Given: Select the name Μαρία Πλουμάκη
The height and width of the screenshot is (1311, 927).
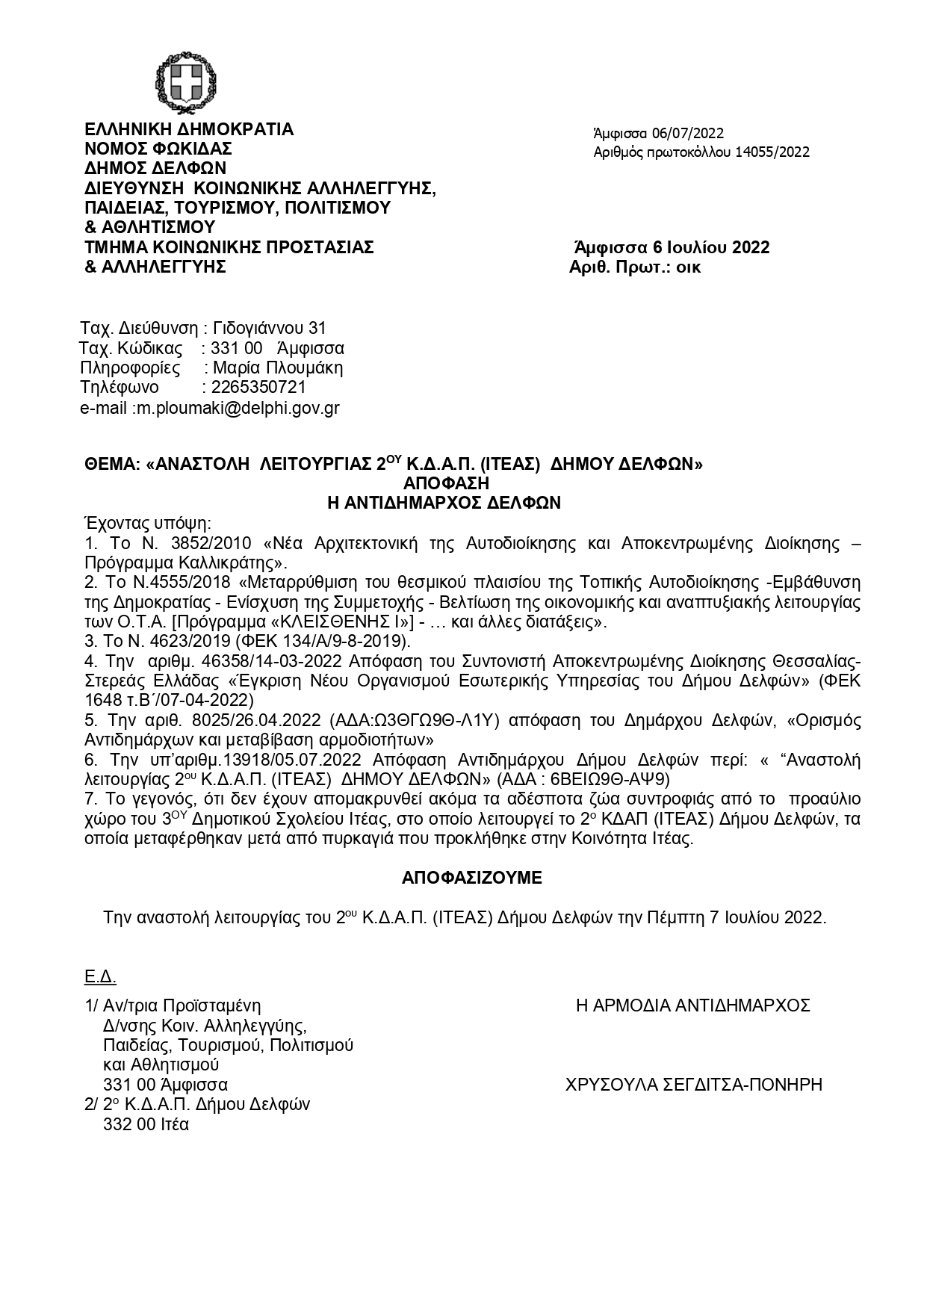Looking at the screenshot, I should [278, 368].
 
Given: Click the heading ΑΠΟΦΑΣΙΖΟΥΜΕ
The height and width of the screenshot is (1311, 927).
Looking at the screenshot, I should [471, 878].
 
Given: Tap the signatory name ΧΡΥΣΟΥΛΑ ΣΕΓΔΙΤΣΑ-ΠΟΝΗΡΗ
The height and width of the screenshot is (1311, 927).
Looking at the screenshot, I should [694, 1085].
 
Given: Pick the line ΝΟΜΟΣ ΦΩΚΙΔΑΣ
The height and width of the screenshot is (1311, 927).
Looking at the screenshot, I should [158, 149].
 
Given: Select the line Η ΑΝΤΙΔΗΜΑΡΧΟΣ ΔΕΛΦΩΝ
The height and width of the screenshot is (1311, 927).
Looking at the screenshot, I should [444, 503].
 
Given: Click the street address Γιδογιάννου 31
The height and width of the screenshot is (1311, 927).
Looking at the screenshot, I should [270, 329].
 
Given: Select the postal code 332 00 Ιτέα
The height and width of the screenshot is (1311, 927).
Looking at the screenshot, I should [146, 1124].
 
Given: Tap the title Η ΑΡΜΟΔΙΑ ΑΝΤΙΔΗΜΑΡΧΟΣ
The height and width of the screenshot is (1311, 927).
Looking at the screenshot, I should [693, 1005].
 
